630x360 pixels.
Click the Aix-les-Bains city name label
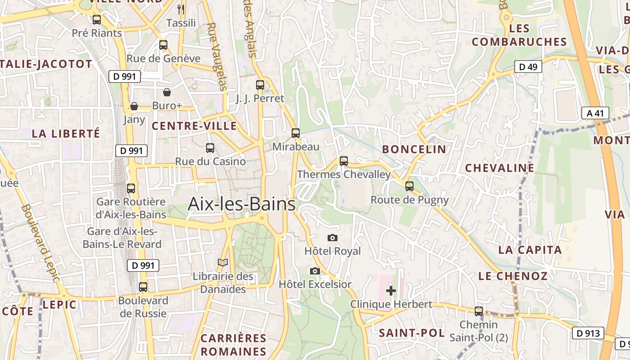pos(242,204)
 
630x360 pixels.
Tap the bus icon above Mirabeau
pos(296,133)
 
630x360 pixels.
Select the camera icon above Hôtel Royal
pos(333,238)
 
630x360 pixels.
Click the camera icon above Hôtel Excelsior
pos(315,271)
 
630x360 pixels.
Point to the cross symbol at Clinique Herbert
pos(391,291)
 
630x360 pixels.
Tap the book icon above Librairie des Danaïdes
pos(223,262)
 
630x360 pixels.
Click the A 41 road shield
pos(595,113)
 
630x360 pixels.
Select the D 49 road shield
pos(528,67)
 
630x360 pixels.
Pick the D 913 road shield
pos(588,333)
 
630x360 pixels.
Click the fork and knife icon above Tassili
pos(181,9)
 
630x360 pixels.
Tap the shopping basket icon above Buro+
pos(167,92)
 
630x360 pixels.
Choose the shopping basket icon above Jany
pos(134,106)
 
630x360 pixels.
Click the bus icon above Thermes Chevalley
pos(344,161)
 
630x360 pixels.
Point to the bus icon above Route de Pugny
pos(409,186)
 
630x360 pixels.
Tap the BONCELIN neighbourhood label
pos(414,149)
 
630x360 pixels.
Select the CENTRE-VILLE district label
pos(194,126)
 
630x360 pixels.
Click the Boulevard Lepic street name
pos(40,243)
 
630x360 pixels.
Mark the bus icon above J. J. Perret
pos(260,85)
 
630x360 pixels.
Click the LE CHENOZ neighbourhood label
pos(513,276)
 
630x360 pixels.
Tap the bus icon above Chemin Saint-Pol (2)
pos(479,311)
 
